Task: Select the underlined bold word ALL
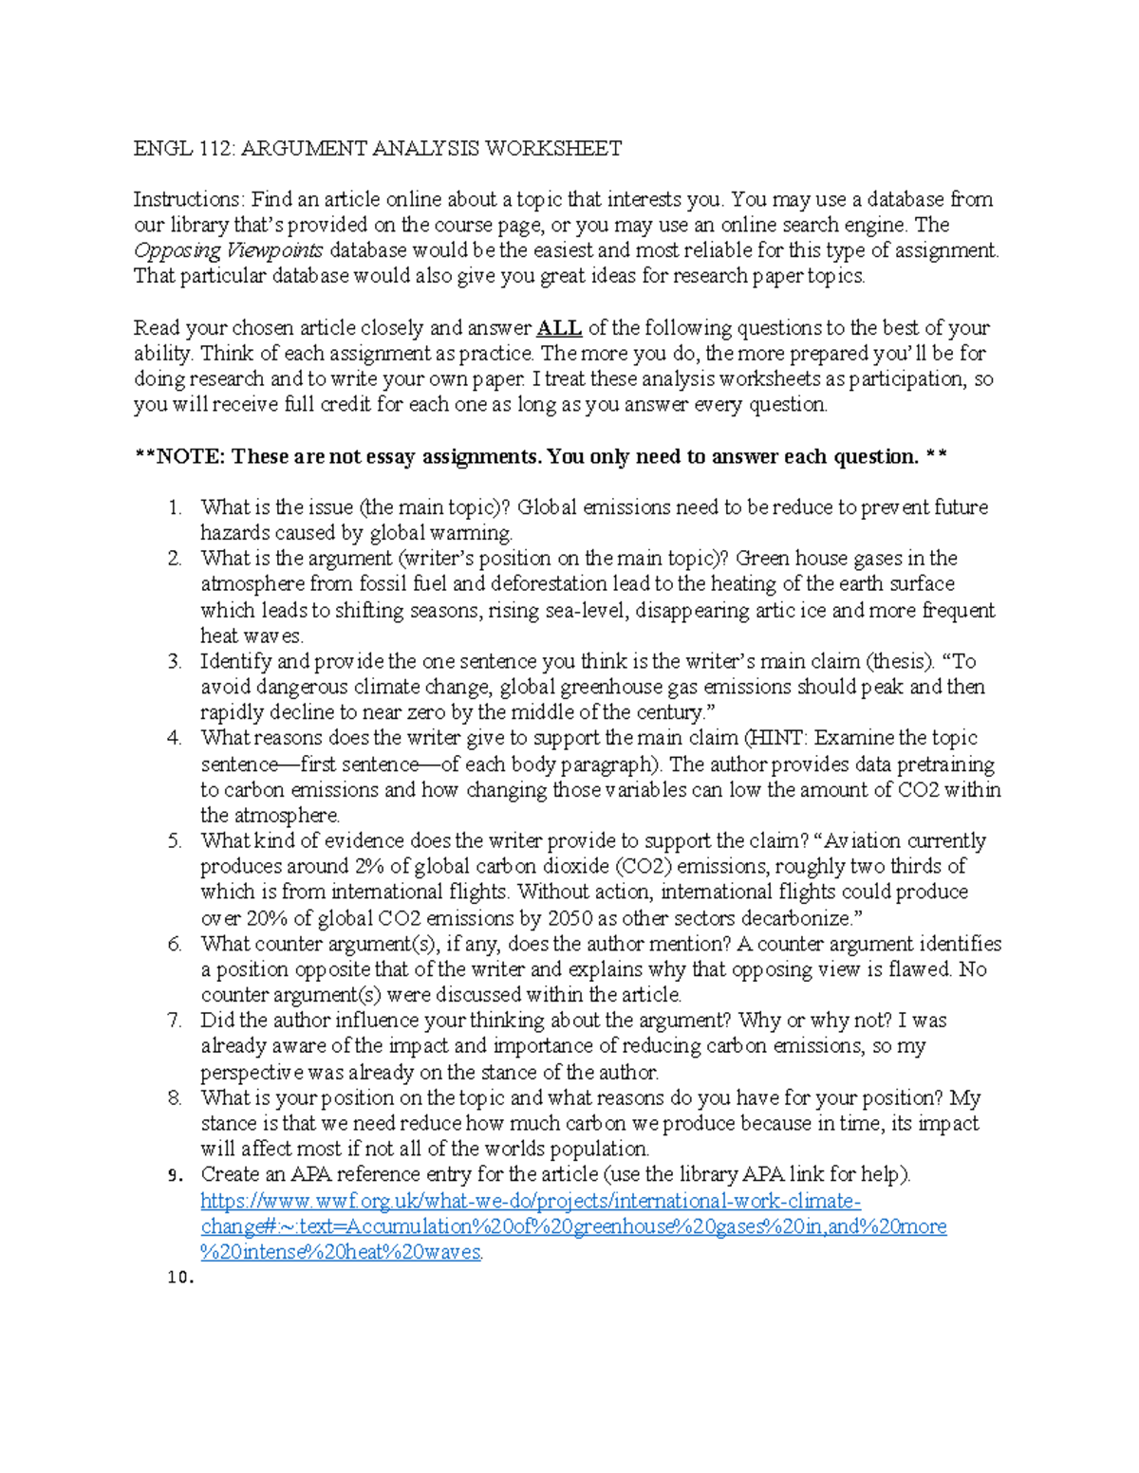point(559,328)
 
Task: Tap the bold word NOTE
point(190,456)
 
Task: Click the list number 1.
point(175,507)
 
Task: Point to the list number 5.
point(175,840)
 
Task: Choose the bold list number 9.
point(174,1175)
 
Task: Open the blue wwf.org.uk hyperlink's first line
point(531,1201)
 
